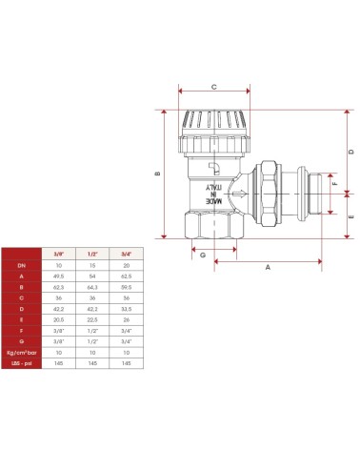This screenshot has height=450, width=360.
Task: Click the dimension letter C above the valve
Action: [213, 87]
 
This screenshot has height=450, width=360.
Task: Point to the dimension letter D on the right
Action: [351, 152]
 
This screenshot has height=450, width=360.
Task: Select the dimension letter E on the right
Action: [351, 216]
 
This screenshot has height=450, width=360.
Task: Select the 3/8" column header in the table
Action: [58, 254]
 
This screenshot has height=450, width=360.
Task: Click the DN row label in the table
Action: [20, 265]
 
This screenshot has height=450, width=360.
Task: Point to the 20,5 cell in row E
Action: [58, 320]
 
